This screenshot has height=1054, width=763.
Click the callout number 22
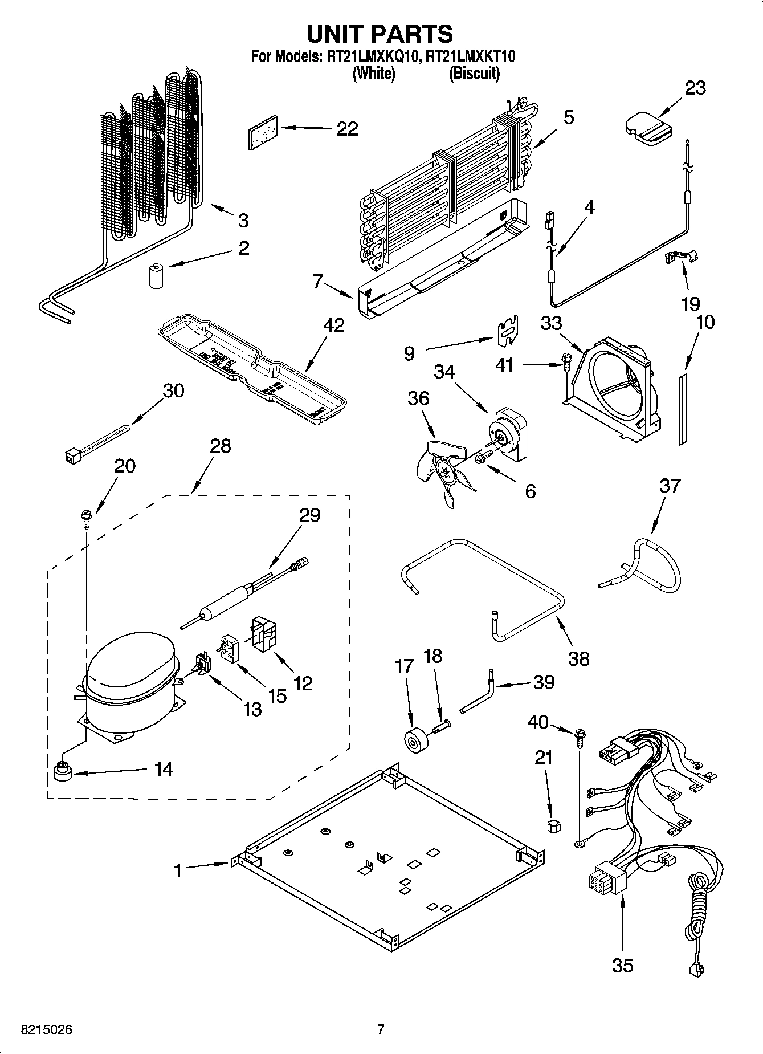[347, 129]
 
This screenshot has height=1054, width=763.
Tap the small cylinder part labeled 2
[156, 276]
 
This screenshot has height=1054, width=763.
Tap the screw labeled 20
[86, 518]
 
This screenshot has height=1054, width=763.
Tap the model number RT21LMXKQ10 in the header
[373, 56]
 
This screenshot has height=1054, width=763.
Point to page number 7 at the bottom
[381, 1029]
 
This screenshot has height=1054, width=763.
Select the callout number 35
[622, 965]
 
